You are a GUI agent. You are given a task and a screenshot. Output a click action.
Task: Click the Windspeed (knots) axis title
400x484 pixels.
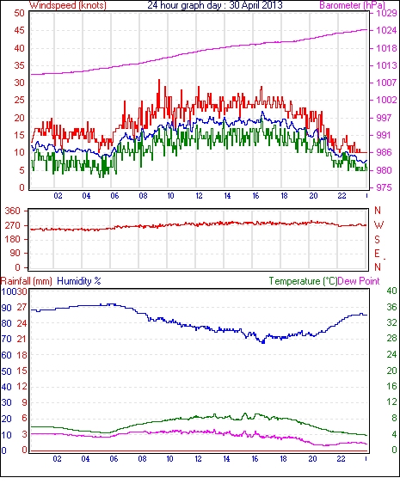(x=68, y=5)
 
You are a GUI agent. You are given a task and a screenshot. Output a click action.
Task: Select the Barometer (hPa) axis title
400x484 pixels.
(x=352, y=5)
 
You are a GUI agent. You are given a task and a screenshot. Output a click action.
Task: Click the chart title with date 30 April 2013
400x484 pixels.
(x=215, y=5)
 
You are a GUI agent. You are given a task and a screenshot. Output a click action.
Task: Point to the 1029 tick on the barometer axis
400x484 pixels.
(x=386, y=13)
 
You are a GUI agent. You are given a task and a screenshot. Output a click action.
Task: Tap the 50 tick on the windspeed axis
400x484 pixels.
(x=19, y=13)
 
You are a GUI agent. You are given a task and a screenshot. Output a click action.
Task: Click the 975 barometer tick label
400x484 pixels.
(x=384, y=187)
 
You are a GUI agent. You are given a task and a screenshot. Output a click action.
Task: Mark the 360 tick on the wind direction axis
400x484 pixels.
(x=12, y=211)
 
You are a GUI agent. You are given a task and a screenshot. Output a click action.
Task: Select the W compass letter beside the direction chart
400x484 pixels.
(x=378, y=225)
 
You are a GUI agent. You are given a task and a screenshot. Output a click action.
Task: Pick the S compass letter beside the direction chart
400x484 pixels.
(x=377, y=239)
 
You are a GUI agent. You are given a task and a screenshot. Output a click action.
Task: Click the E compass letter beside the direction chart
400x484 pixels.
(x=377, y=254)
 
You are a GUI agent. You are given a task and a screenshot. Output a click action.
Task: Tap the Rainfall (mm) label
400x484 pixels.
(x=27, y=281)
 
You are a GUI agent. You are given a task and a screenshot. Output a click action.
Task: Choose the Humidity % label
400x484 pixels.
(x=79, y=281)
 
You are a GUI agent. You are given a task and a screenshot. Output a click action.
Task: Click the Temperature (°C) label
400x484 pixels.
(x=303, y=281)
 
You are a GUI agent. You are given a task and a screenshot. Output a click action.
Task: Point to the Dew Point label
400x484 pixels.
(x=359, y=281)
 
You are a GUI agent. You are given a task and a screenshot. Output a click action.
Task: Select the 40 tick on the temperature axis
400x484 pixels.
(x=391, y=291)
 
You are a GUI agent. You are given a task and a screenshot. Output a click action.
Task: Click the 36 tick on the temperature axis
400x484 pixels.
(x=391, y=307)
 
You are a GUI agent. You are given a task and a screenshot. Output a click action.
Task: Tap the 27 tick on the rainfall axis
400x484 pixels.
(x=22, y=308)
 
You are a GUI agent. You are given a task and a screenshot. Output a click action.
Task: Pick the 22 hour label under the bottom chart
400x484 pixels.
(x=341, y=459)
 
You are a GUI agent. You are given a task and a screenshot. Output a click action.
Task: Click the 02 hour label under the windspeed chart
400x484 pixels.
(x=58, y=196)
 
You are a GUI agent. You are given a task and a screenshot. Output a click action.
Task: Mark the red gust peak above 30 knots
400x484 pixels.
(x=159, y=80)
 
